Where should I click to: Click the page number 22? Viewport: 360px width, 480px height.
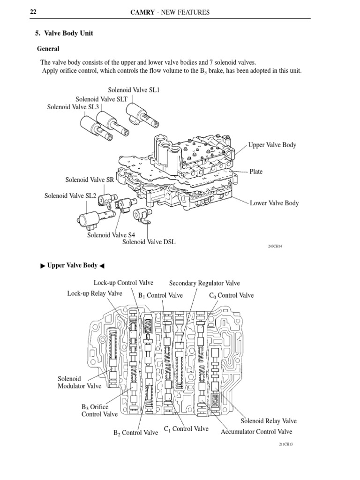(x=33, y=12)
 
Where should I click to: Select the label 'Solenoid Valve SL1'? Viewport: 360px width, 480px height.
(x=134, y=90)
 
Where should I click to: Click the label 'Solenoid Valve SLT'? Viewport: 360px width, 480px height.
(x=101, y=98)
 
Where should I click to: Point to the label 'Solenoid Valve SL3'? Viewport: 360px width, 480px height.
(x=73, y=107)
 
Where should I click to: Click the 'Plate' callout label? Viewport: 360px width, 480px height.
(x=256, y=172)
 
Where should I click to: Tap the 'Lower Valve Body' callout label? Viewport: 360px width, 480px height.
(x=274, y=203)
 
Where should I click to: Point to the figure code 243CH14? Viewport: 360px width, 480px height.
(x=275, y=246)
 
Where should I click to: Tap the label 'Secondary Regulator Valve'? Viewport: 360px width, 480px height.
(x=204, y=283)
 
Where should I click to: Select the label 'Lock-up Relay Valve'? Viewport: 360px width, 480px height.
(x=95, y=293)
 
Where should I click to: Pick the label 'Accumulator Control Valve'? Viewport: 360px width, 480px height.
(x=256, y=431)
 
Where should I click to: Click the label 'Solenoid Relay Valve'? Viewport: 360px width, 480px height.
(x=269, y=421)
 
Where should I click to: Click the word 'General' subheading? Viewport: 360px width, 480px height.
(x=48, y=49)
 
